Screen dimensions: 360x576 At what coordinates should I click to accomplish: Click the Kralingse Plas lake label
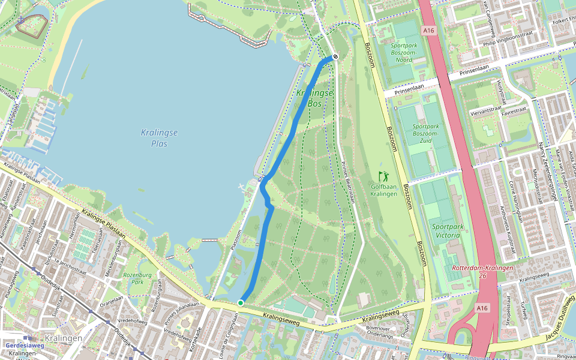point(160,138)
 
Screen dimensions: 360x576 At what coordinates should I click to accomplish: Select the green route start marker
point(241,303)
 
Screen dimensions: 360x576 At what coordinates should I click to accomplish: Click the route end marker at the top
point(335,57)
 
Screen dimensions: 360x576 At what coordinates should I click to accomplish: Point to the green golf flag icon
point(383,177)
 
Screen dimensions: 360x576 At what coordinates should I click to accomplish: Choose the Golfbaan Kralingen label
point(383,190)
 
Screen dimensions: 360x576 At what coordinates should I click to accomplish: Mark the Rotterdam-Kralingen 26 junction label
point(483,271)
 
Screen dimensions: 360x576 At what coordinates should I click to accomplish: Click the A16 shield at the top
point(428,30)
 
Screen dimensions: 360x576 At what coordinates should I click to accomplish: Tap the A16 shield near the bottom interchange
point(482,308)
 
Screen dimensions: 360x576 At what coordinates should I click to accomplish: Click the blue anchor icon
point(22,20)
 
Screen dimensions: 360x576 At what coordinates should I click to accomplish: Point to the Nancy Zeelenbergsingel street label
point(546,162)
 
